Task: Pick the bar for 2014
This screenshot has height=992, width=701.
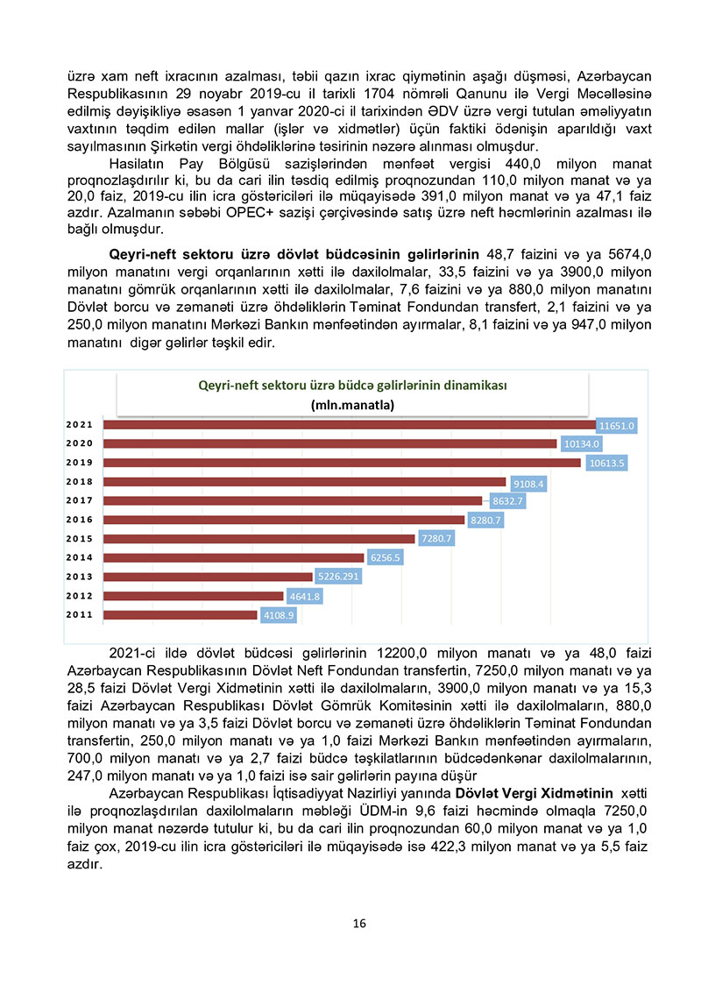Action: click(x=233, y=557)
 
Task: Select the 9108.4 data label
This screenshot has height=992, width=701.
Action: click(x=529, y=482)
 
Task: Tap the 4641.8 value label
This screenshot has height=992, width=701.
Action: click(x=305, y=597)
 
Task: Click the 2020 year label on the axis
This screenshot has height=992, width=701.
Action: click(x=80, y=443)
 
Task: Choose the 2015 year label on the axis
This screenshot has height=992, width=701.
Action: click(x=80, y=539)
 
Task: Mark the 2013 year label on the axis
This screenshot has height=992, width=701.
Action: click(x=80, y=577)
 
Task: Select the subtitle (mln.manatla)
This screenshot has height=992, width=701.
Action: click(x=352, y=405)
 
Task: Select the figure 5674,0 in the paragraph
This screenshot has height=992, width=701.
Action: click(x=622, y=254)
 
